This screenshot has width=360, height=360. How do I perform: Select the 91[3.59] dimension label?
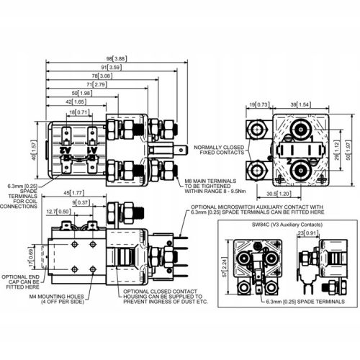pyautogui.click(x=109, y=67)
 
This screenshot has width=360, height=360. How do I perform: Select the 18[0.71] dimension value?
pyautogui.click(x=78, y=113)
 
